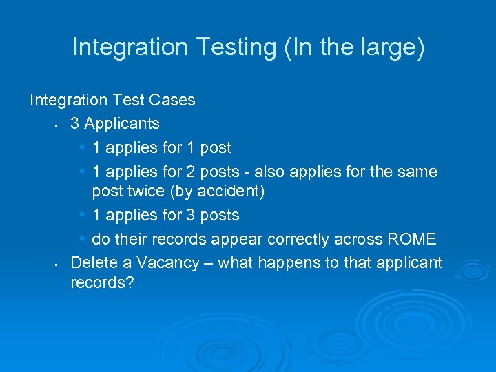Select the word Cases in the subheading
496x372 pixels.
click(x=172, y=101)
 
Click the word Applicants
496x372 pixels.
click(x=121, y=124)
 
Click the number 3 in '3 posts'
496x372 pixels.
click(x=189, y=216)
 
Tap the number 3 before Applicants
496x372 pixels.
click(x=75, y=124)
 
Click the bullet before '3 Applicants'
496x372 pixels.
click(x=54, y=126)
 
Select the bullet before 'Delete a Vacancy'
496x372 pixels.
click(x=54, y=265)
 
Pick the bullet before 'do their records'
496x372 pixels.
click(x=83, y=239)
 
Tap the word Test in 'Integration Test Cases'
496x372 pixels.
click(x=130, y=101)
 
